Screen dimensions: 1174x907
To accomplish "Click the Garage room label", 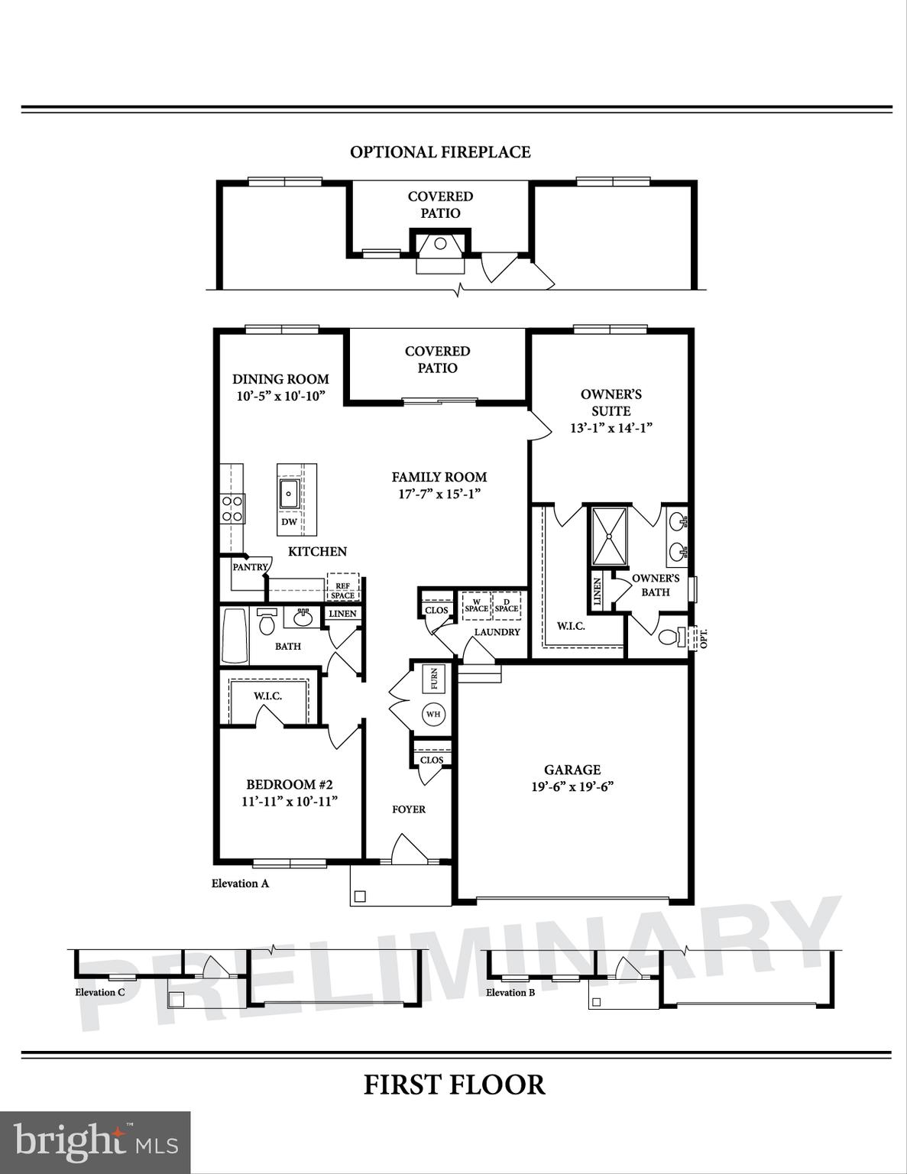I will click(572, 770).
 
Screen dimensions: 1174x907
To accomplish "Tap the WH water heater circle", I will click(433, 715).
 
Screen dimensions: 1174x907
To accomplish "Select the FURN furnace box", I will click(434, 678).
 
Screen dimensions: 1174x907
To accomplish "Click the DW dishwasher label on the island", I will click(289, 522).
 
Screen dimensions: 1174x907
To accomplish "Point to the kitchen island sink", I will click(289, 493).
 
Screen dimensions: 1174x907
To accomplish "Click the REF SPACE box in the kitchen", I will click(342, 590).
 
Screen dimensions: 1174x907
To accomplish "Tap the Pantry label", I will click(250, 567).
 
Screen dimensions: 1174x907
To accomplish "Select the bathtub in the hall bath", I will click(235, 636).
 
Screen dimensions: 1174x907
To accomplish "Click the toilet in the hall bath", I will click(267, 622).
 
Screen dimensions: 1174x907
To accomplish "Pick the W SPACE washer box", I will click(476, 605).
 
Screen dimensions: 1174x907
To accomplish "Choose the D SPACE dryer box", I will click(506, 605).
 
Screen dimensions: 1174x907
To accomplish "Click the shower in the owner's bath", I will click(609, 536).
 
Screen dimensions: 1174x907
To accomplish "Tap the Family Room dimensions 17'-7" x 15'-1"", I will click(439, 494).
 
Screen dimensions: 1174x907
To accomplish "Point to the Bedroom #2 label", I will click(289, 785).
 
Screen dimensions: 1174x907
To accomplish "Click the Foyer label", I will click(408, 809).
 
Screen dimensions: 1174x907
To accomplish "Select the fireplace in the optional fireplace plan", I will click(440, 247).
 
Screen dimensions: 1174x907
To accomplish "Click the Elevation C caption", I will click(99, 992).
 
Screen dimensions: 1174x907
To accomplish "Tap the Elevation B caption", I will click(510, 992).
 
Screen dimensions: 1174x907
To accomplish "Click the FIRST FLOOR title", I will click(454, 1085).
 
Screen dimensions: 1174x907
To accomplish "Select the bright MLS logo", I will click(95, 1142).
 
